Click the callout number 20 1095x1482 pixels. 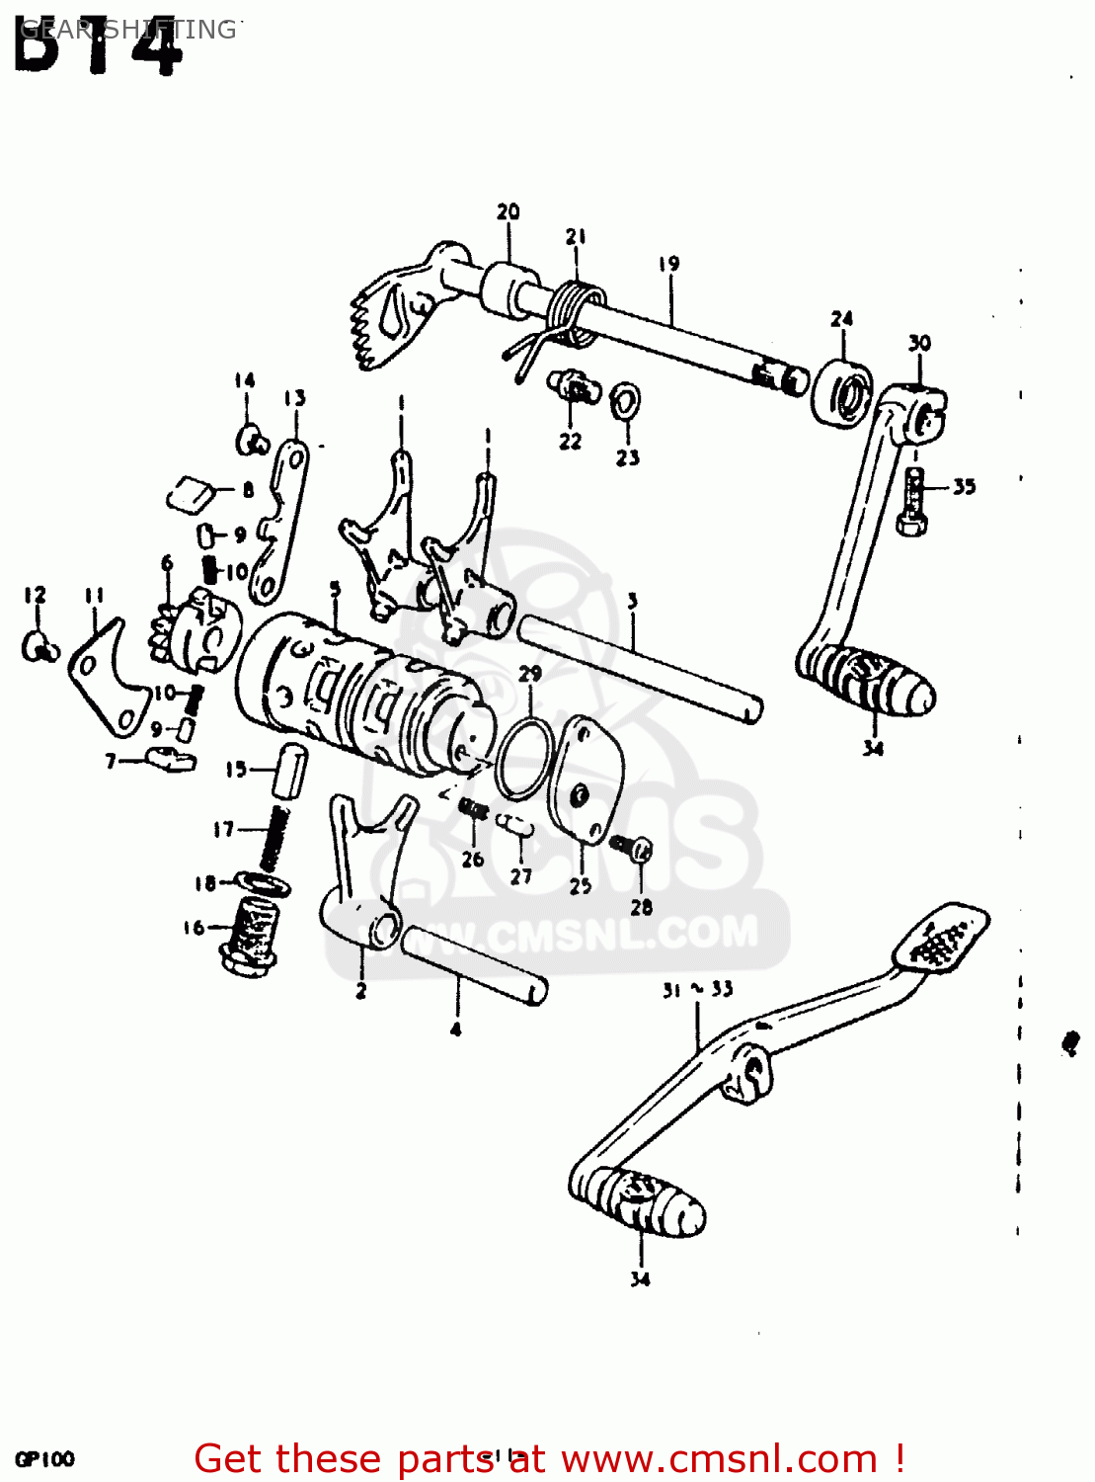[x=508, y=211]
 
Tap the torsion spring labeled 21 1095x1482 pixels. [x=575, y=310]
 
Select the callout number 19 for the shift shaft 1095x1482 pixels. [x=669, y=264]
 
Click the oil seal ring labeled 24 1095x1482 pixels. [x=842, y=393]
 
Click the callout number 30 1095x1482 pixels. [x=919, y=343]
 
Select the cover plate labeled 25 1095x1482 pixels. [x=586, y=780]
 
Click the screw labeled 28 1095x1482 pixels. [x=630, y=846]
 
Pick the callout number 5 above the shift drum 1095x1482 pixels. [x=336, y=590]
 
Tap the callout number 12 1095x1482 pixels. [x=35, y=595]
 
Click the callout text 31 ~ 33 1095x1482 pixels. [x=697, y=989]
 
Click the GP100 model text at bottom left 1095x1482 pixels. [x=44, y=1459]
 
